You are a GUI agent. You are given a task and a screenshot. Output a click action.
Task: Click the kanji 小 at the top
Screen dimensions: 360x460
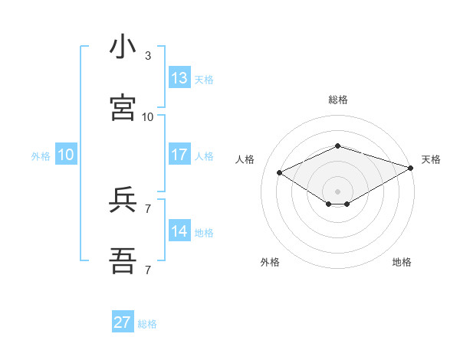pos(123,47)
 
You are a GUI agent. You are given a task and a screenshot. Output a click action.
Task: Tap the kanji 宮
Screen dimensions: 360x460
pos(123,108)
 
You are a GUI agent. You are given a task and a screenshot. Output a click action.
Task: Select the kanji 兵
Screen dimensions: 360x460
pos(123,201)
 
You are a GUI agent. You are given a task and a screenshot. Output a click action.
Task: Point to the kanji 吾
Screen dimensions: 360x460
pos(123,261)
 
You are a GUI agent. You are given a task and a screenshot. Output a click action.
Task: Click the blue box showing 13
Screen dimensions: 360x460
pos(179,78)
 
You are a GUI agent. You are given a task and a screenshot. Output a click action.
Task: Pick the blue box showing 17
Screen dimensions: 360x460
pos(179,155)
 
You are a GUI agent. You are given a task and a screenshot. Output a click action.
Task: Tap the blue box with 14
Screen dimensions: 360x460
pos(179,231)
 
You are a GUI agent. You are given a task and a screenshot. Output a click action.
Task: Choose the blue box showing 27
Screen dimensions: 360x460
pos(123,322)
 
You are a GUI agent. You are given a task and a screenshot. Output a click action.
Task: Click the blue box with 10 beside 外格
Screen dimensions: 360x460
pos(66,155)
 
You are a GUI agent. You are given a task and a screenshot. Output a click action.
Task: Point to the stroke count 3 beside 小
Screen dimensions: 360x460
pos(148,56)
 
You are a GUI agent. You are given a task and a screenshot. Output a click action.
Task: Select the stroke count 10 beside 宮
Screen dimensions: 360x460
pos(148,117)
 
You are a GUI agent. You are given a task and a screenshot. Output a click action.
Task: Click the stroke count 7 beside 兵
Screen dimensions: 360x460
pos(148,208)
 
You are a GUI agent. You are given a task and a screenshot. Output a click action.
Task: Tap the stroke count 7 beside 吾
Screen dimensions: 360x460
pos(148,270)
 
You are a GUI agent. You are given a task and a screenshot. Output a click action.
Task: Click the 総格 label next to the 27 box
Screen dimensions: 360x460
pos(147,324)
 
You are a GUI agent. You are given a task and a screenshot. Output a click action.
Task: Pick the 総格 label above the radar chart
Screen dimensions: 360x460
pos(337,100)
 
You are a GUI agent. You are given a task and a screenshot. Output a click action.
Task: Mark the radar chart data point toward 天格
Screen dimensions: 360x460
pos(412,168)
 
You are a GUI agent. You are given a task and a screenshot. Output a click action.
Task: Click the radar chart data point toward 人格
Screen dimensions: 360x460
pos(280,172)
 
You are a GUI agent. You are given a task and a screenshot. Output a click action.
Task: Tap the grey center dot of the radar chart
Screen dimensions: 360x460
pos(337,190)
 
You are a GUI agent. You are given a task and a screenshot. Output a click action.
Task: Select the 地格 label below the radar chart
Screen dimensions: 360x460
pos(402,262)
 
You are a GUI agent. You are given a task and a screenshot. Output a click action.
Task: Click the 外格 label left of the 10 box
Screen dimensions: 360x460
pos(41,156)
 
